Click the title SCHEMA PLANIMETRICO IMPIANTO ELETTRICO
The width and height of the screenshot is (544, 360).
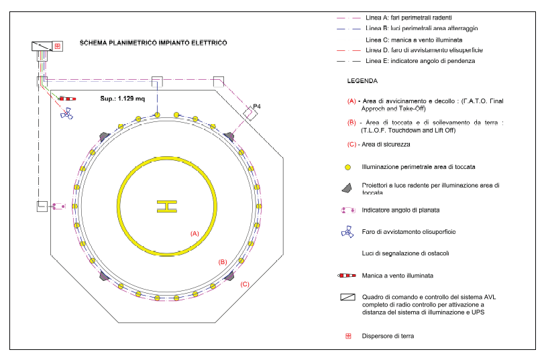(x=153, y=42)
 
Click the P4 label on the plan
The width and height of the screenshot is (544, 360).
(x=257, y=107)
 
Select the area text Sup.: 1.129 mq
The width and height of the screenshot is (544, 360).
(x=122, y=98)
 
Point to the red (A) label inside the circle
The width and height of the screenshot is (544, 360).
(x=195, y=233)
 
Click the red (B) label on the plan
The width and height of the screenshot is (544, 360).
(x=223, y=261)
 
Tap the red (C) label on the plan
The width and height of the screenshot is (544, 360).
(x=245, y=284)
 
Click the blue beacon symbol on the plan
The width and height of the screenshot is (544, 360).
(x=66, y=113)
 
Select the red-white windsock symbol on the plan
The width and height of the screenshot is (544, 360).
(x=67, y=99)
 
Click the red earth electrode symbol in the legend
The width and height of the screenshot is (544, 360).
(x=348, y=336)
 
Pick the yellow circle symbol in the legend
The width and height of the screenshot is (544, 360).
(x=348, y=166)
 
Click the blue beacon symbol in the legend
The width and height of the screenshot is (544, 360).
(x=347, y=233)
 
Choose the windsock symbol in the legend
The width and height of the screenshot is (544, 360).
(x=347, y=276)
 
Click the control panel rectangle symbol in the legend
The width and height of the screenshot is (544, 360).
(x=347, y=296)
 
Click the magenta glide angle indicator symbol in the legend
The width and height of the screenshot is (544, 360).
(x=347, y=210)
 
